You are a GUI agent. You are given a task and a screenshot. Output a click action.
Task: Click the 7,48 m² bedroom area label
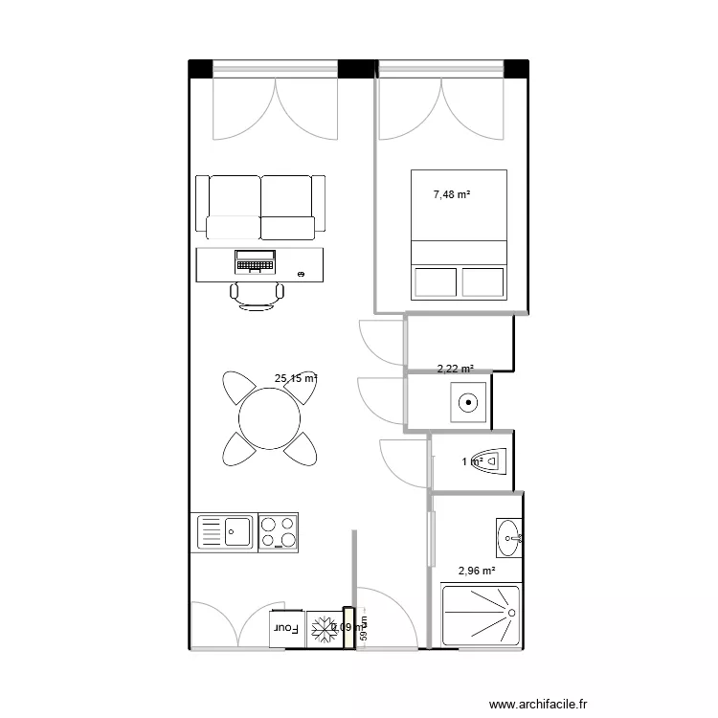pos(452,194)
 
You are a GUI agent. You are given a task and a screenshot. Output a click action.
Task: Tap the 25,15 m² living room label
pos(295,378)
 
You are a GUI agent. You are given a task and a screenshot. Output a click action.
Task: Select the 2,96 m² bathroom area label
pos(477,571)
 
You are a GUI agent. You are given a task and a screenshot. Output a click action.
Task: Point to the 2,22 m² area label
pos(456,368)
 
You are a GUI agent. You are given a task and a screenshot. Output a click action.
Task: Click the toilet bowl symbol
pos(491,461)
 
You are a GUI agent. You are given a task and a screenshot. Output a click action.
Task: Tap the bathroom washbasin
pos(509,539)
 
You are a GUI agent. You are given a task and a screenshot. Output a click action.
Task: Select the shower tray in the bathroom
pos(481,615)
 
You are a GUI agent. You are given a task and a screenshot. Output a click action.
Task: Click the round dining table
pos(270,417)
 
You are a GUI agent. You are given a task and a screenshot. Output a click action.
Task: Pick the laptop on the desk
pos(255,259)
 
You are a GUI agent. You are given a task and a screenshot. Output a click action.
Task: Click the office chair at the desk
pos(258,295)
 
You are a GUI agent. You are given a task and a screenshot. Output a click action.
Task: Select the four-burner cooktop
pos(278,532)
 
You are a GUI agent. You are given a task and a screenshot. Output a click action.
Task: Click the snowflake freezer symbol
pos(325,629)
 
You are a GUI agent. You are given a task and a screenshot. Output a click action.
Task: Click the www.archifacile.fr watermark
pos(537,704)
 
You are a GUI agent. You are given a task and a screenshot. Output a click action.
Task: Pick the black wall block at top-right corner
pos(516,68)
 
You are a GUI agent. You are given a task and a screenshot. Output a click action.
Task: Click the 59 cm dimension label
pos(364,634)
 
